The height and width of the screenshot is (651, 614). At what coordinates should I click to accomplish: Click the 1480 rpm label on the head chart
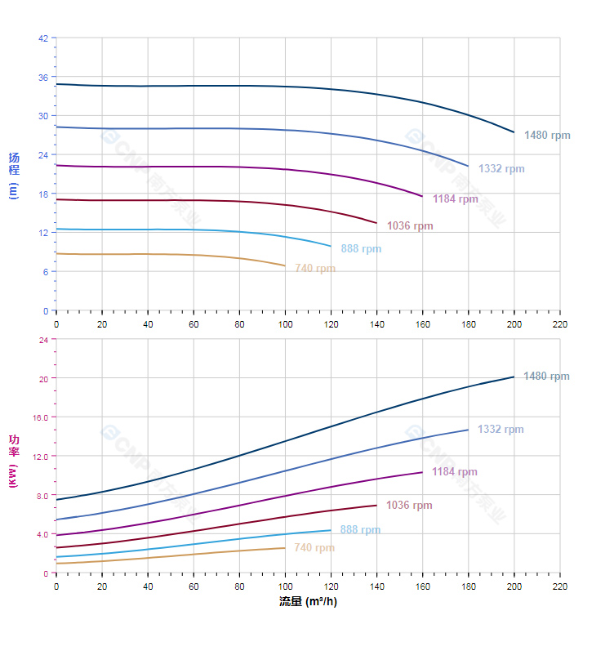click(x=546, y=136)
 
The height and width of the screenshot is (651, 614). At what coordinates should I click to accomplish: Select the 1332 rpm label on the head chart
click(x=501, y=169)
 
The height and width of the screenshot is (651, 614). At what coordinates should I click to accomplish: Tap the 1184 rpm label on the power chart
click(x=455, y=472)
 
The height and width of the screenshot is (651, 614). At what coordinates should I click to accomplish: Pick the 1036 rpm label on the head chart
click(x=410, y=226)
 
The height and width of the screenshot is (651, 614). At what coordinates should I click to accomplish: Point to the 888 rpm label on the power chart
click(x=360, y=530)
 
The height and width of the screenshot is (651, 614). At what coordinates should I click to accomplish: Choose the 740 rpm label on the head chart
click(x=315, y=269)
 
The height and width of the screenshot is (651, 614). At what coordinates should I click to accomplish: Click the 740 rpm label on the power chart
click(x=314, y=548)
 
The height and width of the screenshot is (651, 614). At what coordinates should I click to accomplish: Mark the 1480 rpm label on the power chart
click(x=546, y=377)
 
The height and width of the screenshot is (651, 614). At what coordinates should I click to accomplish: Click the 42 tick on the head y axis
click(x=42, y=38)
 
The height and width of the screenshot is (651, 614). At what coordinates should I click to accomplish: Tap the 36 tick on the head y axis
click(x=42, y=77)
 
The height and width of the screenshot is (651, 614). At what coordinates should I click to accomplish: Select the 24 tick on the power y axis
click(x=42, y=340)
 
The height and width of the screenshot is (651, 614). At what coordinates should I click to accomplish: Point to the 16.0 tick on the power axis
click(x=40, y=417)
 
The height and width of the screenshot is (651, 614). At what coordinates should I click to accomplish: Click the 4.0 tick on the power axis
click(x=42, y=534)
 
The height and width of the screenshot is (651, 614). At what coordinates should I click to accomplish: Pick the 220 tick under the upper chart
click(x=559, y=323)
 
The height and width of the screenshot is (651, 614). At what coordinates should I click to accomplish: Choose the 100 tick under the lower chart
click(x=285, y=586)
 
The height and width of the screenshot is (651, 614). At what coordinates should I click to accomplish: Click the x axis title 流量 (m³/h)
click(x=308, y=602)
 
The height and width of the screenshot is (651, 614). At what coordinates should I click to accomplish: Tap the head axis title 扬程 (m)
click(x=13, y=175)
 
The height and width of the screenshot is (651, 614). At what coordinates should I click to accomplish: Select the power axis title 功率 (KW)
click(x=13, y=461)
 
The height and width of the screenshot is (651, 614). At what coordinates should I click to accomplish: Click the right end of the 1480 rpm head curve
click(x=514, y=132)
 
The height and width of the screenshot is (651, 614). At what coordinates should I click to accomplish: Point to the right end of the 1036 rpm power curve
click(x=376, y=505)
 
